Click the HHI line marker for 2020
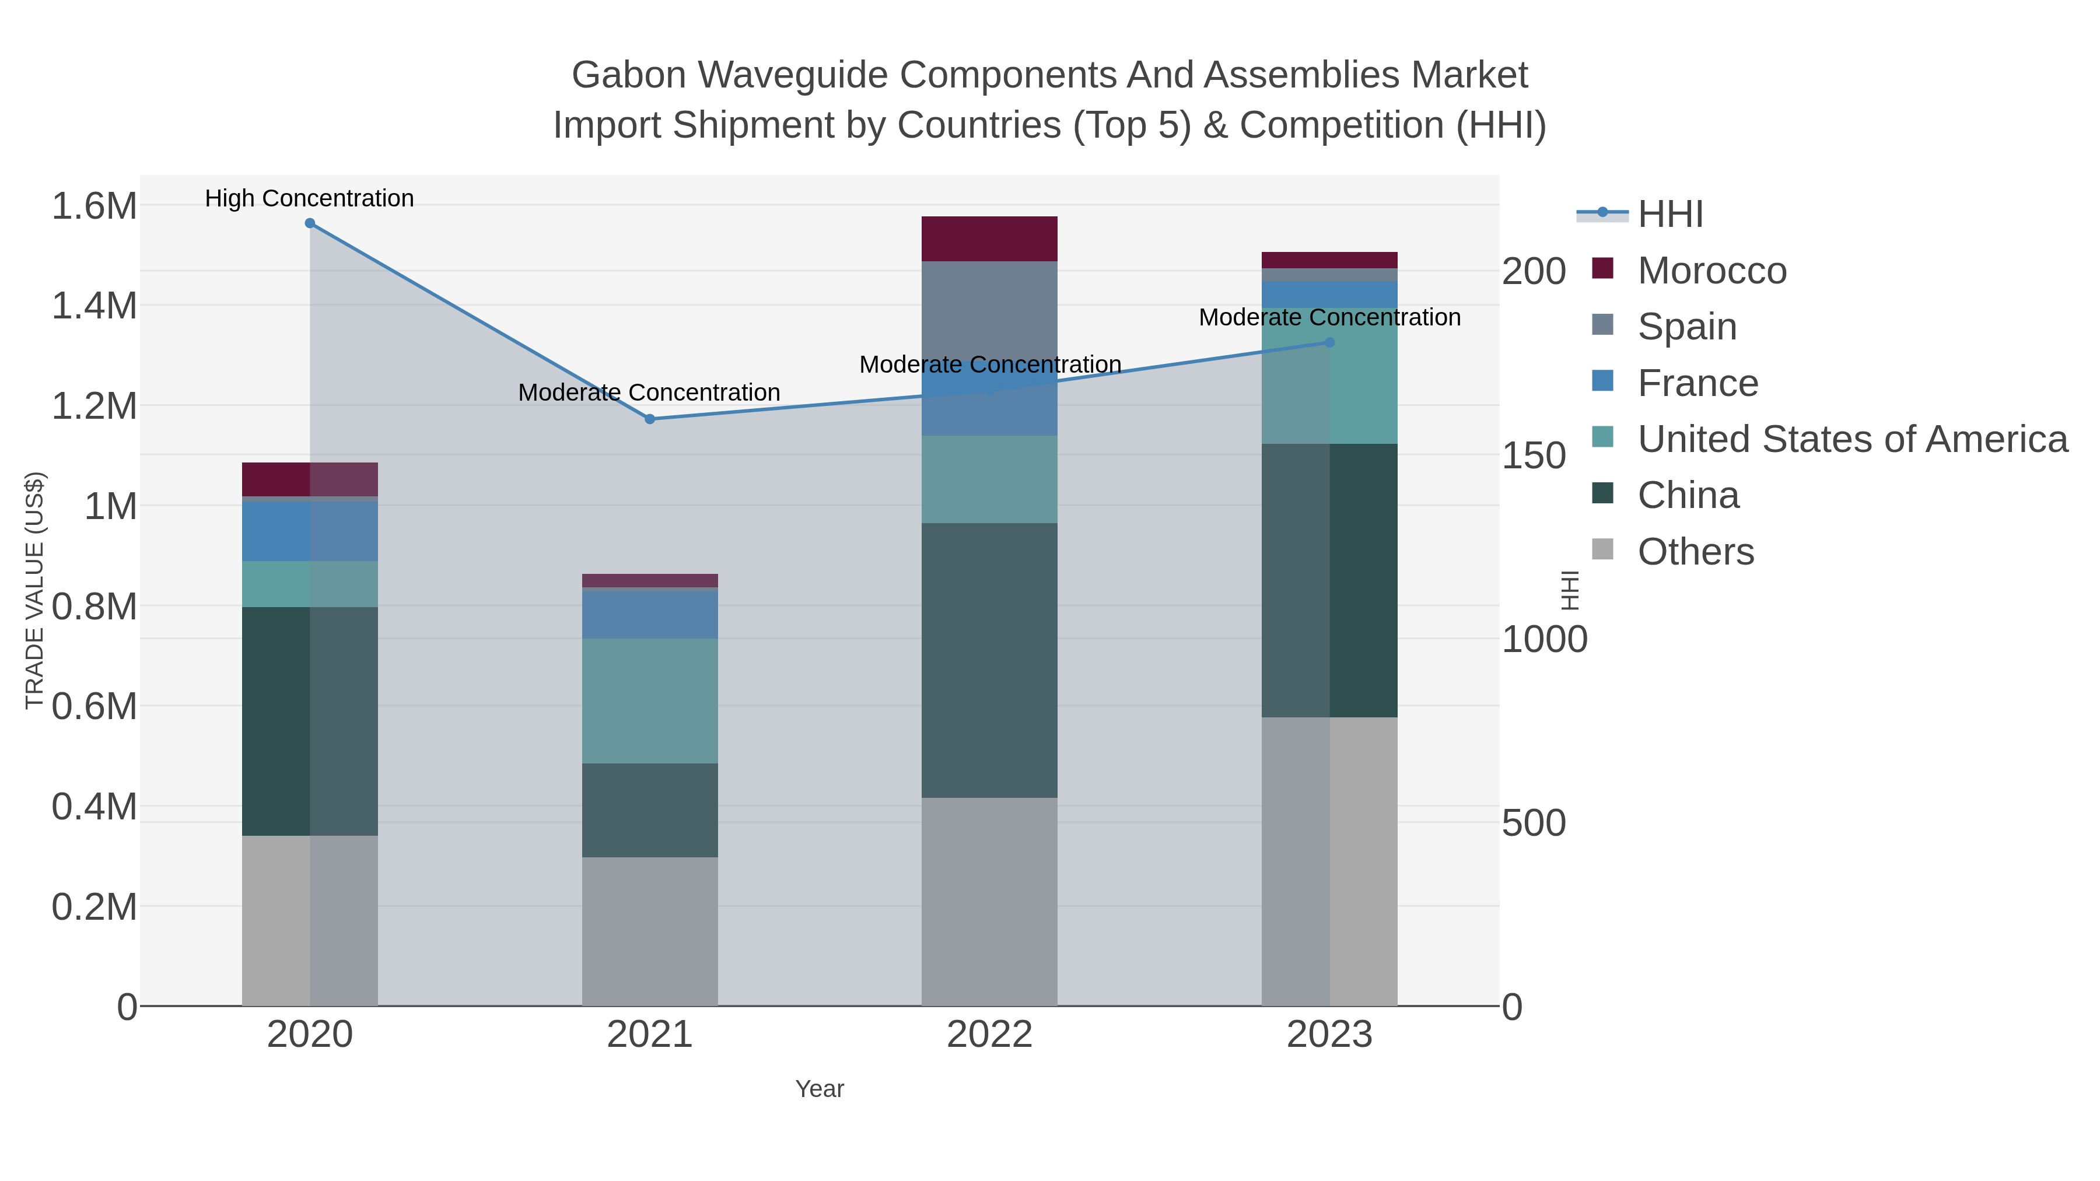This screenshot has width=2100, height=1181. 310,223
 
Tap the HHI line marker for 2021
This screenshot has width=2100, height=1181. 650,419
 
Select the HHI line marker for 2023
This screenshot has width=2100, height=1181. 1329,342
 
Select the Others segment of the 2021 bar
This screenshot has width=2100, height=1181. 650,931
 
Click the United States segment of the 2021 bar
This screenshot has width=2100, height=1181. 650,701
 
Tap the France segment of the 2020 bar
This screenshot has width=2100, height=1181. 310,531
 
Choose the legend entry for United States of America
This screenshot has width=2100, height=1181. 1852,439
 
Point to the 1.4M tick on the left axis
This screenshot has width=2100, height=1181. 94,306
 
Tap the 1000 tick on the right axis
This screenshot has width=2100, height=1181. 1544,640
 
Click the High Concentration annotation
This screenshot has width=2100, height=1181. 310,198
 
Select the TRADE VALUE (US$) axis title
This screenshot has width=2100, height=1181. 34,590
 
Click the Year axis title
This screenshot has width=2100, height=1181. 820,1089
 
